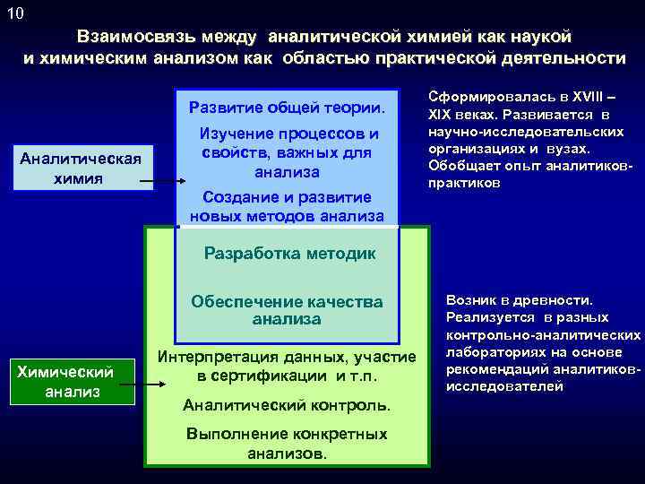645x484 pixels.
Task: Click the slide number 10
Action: pos(15,13)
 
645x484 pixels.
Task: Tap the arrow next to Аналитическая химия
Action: pos(161,183)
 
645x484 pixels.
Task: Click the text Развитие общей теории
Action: pos(287,108)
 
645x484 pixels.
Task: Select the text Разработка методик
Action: pos(289,253)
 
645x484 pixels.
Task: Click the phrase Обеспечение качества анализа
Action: pos(287,310)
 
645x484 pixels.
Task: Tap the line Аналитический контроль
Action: pos(287,405)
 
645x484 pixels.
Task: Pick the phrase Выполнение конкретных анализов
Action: pos(287,443)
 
